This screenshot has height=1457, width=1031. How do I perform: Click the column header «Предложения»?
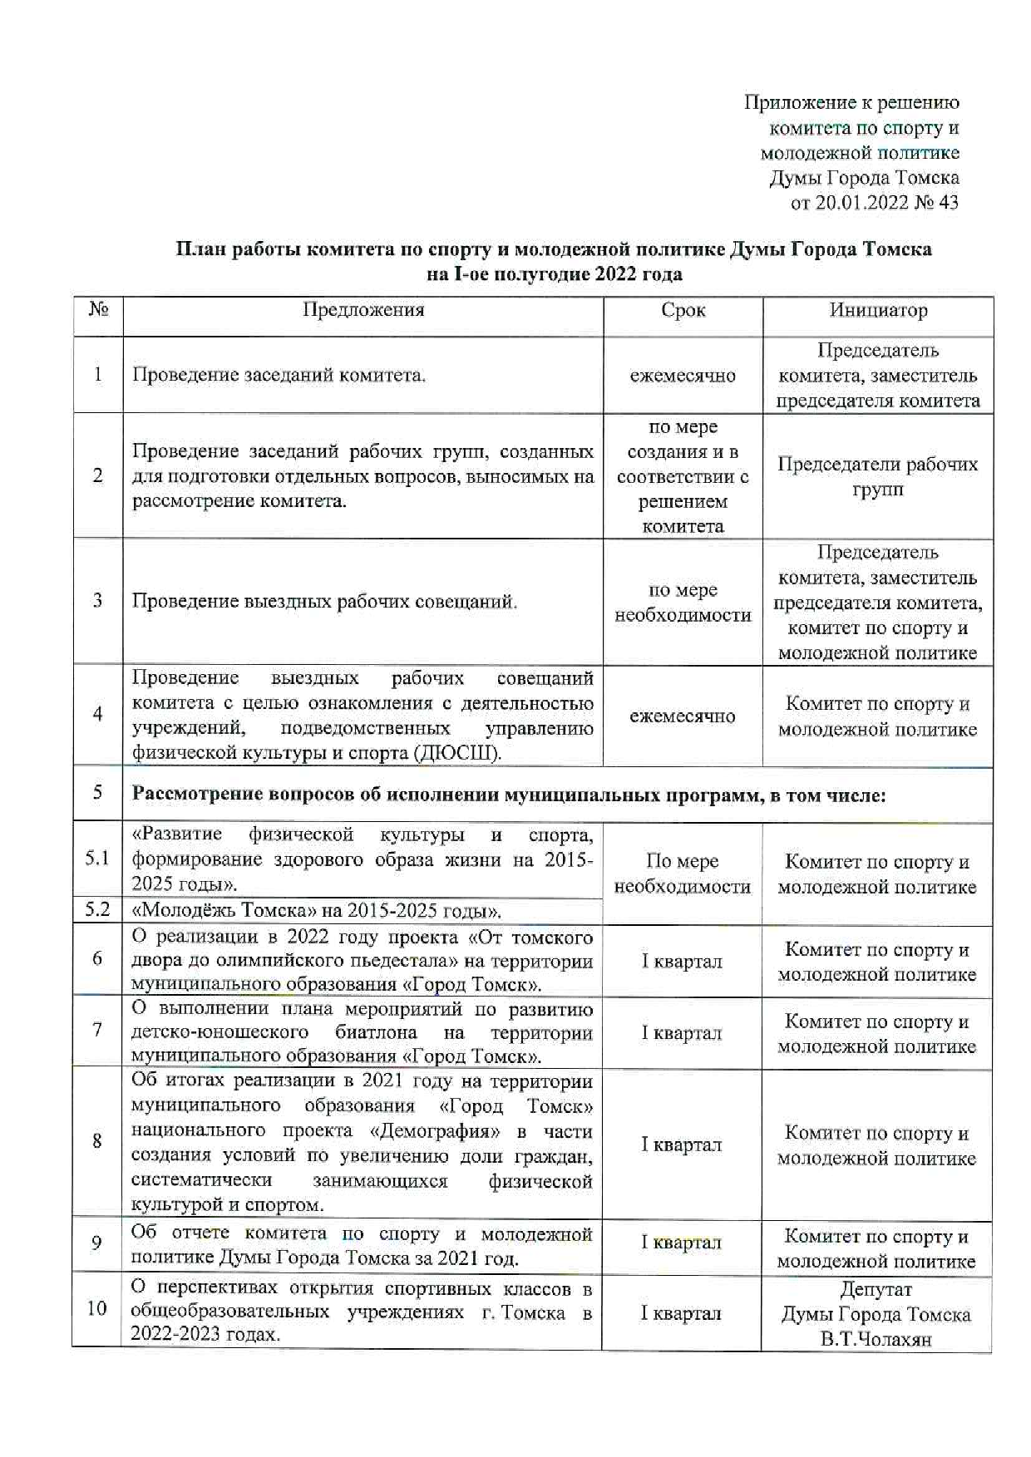pyautogui.click(x=363, y=310)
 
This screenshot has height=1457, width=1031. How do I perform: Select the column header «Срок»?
pyautogui.click(x=683, y=310)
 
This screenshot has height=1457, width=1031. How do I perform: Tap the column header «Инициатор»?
pyautogui.click(x=878, y=310)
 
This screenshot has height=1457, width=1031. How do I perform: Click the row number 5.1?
pyautogui.click(x=97, y=858)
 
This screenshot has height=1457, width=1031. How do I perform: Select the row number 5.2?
pyautogui.click(x=97, y=909)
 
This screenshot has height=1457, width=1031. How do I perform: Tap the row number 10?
pyautogui.click(x=97, y=1308)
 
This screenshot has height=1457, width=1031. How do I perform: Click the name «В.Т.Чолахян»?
pyautogui.click(x=876, y=1339)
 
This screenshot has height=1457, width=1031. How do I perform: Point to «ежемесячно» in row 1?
pyautogui.click(x=683, y=376)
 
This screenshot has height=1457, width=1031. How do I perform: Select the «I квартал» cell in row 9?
pyautogui.click(x=682, y=1243)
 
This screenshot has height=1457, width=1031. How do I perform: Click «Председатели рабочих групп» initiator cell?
pyautogui.click(x=877, y=476)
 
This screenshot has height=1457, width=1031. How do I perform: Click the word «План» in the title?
pyautogui.click(x=197, y=249)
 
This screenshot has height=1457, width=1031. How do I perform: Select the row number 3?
pyautogui.click(x=97, y=600)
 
